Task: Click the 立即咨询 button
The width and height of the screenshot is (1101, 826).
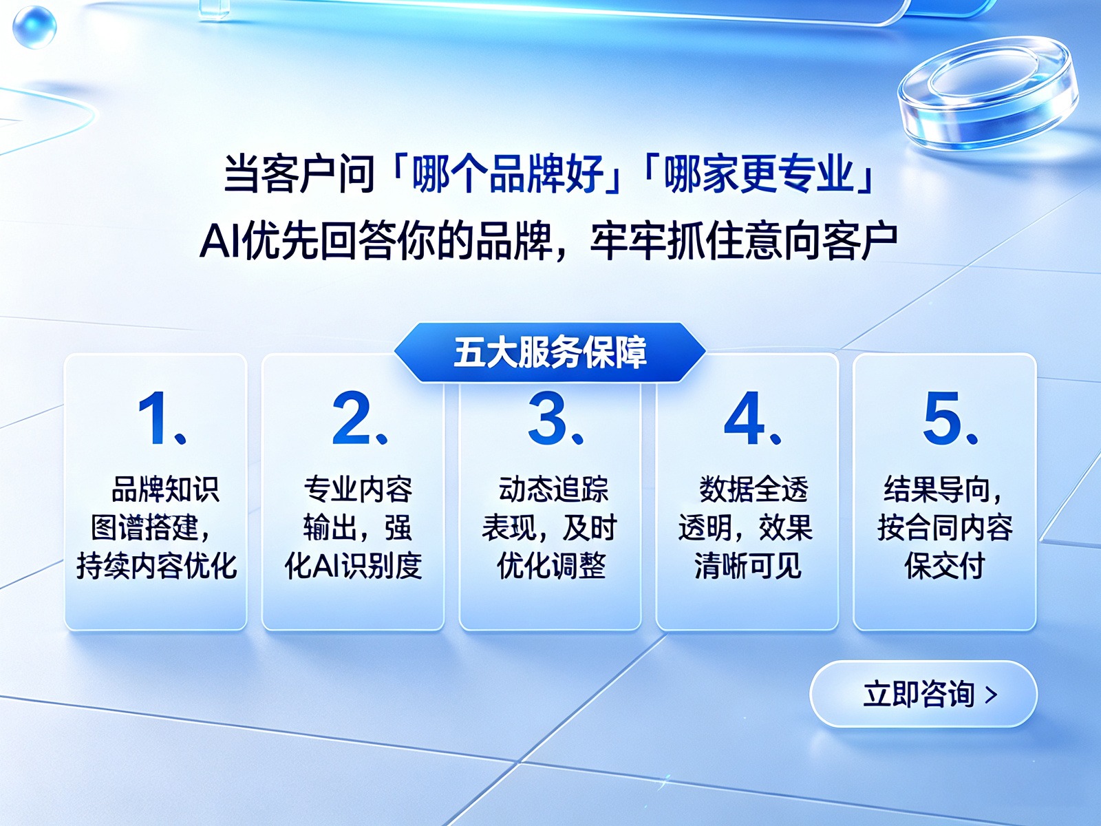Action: click(x=923, y=694)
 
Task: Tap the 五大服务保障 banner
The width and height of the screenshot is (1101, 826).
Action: click(x=550, y=352)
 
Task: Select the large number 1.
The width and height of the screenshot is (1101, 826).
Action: click(x=156, y=418)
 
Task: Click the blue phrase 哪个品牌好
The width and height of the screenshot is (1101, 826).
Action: click(x=508, y=174)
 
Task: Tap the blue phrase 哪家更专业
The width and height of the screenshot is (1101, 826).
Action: click(x=760, y=174)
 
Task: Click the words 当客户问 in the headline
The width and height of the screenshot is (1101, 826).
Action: click(x=299, y=174)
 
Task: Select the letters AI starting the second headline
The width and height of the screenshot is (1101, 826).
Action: click(x=220, y=242)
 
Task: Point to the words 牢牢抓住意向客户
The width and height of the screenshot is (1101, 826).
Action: click(x=744, y=242)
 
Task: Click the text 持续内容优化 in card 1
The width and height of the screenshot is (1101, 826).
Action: click(x=156, y=566)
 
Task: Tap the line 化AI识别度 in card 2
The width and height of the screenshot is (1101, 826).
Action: click(x=353, y=566)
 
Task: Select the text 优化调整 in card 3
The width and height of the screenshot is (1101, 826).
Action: click(x=551, y=566)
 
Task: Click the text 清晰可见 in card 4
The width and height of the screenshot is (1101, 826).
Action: click(x=748, y=566)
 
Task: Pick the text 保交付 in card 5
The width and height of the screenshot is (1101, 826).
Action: click(x=945, y=566)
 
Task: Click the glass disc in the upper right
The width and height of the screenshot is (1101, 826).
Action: click(x=987, y=94)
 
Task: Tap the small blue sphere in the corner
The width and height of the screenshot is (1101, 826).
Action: click(x=34, y=27)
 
